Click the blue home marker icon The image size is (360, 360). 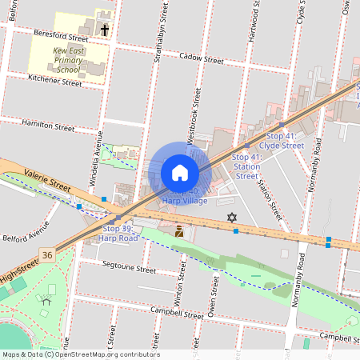tap(180, 173)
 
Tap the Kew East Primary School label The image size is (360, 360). tap(69, 59)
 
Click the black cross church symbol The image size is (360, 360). tap(105, 30)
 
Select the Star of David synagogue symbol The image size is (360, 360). tap(232, 218)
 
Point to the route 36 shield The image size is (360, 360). tap(48, 255)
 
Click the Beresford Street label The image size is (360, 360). tap(61, 35)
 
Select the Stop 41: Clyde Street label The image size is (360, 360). tap(284, 141)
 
